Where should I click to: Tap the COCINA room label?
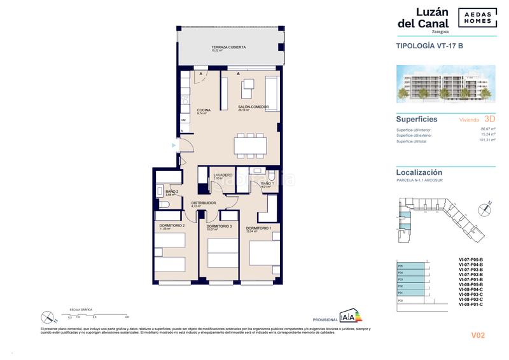[203, 110]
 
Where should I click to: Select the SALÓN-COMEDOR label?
[253, 107]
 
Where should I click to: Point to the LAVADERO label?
[222, 175]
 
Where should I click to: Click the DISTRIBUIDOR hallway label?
[204, 203]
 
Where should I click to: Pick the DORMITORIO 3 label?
[218, 226]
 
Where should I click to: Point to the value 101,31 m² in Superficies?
[487, 141]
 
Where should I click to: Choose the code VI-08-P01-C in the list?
[471, 305]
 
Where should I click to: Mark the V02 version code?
[479, 335]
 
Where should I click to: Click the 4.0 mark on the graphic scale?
[127, 316]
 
